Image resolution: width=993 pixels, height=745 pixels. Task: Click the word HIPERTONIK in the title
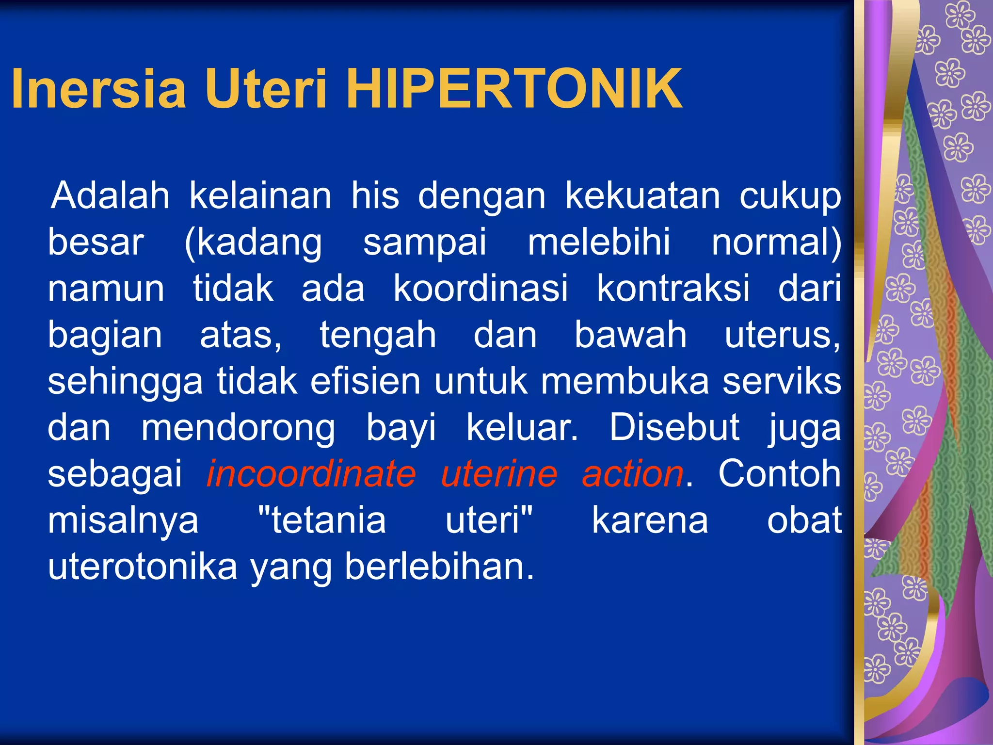[x=514, y=89]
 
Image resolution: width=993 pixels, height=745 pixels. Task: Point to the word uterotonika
[x=143, y=567]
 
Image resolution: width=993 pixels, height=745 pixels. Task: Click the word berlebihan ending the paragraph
[x=439, y=567]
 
